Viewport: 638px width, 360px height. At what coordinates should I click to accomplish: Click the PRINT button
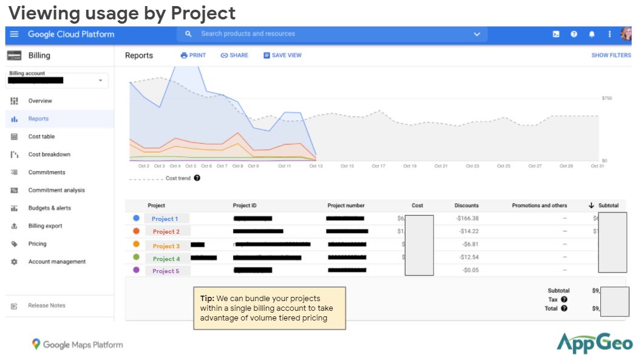pos(193,55)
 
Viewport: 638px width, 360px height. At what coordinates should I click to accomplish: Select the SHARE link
pos(234,55)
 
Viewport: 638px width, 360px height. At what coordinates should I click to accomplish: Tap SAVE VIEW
pos(282,55)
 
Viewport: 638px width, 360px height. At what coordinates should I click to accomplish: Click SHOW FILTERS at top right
pos(611,55)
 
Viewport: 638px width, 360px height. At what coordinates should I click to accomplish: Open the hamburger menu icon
pos(15,35)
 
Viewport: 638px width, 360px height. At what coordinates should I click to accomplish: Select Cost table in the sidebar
pos(41,137)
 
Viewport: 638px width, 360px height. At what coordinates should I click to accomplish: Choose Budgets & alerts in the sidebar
pos(49,208)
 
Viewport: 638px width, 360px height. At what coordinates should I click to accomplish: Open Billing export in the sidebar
pos(45,226)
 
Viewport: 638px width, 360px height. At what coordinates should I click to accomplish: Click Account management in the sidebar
pos(56,262)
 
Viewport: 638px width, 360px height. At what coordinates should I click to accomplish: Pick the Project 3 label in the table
pos(166,246)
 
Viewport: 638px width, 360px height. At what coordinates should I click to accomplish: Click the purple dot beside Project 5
pos(136,270)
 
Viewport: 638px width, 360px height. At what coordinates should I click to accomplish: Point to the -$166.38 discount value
pos(467,219)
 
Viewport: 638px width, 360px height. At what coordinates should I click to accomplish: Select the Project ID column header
pos(245,205)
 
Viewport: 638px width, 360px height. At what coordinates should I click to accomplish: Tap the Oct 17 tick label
pos(378,166)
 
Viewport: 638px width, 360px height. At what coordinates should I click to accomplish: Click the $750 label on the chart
pos(606,98)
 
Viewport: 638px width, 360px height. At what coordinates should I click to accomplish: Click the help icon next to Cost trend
pos(197,178)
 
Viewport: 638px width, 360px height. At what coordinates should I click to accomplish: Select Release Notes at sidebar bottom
pos(46,305)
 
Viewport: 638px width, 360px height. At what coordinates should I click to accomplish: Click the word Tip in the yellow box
pos(206,299)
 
